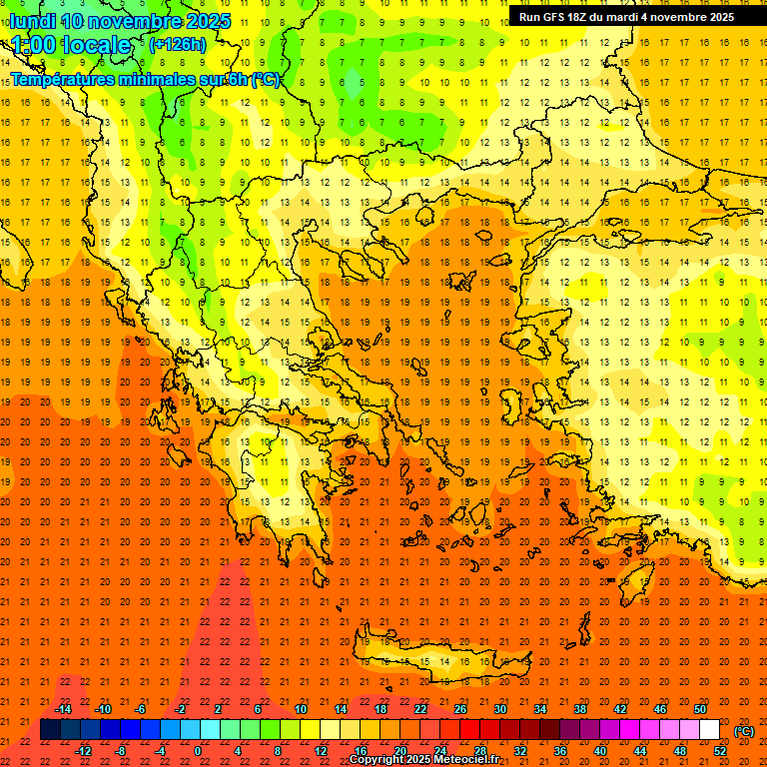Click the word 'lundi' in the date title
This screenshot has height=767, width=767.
(34, 21)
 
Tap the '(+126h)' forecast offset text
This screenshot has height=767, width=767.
(178, 44)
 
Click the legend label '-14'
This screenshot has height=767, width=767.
(64, 709)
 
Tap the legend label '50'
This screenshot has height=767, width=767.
(699, 709)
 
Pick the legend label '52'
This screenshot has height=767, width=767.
(719, 751)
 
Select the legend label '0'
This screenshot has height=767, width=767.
(197, 751)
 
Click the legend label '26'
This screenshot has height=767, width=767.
(460, 709)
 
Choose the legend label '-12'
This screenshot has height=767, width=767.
(84, 751)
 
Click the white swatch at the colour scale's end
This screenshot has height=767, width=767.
(709, 730)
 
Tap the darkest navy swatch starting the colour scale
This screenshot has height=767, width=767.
(50, 730)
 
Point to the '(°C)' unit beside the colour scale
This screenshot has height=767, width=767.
(744, 731)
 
